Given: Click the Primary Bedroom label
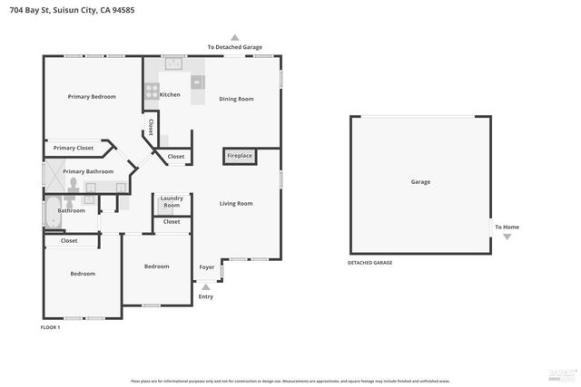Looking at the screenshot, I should pyautogui.click(x=92, y=96).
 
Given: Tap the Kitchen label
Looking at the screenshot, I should pyautogui.click(x=170, y=94).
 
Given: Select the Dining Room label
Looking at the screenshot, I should pyautogui.click(x=235, y=99).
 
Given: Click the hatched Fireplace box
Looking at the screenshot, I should pyautogui.click(x=240, y=157).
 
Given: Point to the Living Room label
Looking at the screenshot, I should pyautogui.click(x=236, y=204).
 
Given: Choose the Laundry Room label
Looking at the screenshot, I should pyautogui.click(x=172, y=203).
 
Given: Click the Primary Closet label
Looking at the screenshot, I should pyautogui.click(x=73, y=148).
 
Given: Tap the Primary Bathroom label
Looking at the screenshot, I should pyautogui.click(x=88, y=171).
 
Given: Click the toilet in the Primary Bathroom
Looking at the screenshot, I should pyautogui.click(x=73, y=184).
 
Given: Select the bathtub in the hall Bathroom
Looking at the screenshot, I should pyautogui.click(x=51, y=210).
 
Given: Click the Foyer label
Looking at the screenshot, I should pyautogui.click(x=207, y=267).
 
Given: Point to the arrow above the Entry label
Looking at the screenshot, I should pyautogui.click(x=206, y=286).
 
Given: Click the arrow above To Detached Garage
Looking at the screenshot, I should pyautogui.click(x=234, y=38).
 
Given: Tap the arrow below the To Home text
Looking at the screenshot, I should pyautogui.click(x=507, y=237).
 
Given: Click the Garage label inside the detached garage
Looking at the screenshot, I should pyautogui.click(x=420, y=182).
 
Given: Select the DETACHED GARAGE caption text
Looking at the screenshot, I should pyautogui.click(x=369, y=263).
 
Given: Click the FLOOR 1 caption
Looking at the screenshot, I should pyautogui.click(x=51, y=326).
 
